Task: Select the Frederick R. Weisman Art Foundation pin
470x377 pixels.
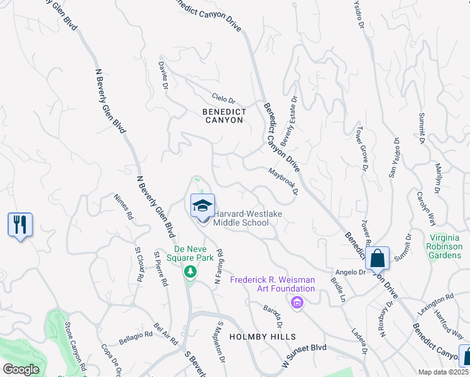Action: click(x=297, y=303)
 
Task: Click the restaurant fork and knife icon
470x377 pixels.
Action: click(x=19, y=224)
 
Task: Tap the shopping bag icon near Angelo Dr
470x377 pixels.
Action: click(x=377, y=258)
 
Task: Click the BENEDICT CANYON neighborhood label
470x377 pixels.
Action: click(x=222, y=116)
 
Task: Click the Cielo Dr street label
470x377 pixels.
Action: click(x=223, y=99)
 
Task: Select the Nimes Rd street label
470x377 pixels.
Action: click(x=123, y=206)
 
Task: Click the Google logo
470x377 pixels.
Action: click(x=20, y=369)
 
